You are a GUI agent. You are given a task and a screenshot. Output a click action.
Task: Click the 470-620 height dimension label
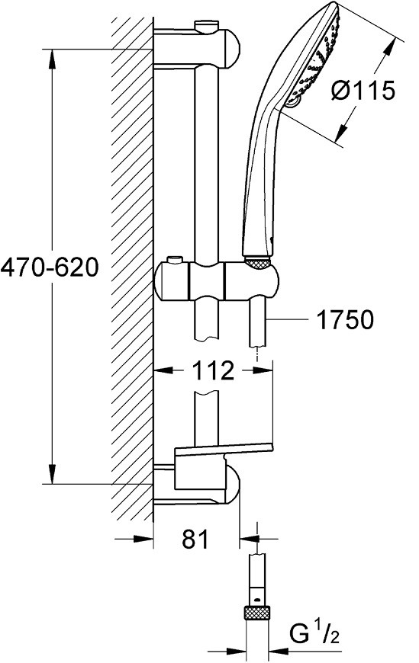tap(50, 267)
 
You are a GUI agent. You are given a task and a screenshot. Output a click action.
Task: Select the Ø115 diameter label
tap(363, 90)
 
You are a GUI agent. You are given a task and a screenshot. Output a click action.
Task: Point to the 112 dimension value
tap(213, 370)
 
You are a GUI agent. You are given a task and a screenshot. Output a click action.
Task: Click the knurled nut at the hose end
tap(256, 613)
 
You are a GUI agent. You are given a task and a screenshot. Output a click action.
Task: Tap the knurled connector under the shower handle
tap(258, 263)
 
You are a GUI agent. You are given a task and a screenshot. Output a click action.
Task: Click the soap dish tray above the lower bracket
tap(224, 449)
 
